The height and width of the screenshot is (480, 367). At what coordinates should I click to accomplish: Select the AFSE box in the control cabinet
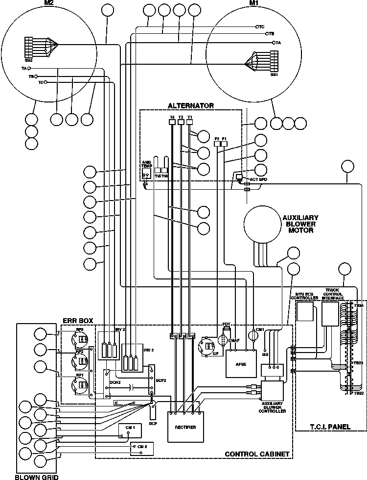pyautogui.click(x=240, y=364)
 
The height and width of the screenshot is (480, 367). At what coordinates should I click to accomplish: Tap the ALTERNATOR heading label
pyautogui.click(x=191, y=105)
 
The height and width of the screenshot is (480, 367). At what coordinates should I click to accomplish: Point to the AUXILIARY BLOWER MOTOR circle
pyautogui.click(x=267, y=224)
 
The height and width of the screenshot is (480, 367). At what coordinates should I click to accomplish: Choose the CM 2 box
pyautogui.click(x=142, y=447)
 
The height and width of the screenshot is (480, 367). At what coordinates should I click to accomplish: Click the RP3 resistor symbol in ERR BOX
pyautogui.click(x=80, y=339)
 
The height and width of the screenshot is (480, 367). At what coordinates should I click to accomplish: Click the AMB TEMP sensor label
pyautogui.click(x=147, y=164)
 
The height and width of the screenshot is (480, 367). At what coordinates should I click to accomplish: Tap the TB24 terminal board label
pyautogui.click(x=359, y=305)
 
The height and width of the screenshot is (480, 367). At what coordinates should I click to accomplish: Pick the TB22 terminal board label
pyautogui.click(x=359, y=393)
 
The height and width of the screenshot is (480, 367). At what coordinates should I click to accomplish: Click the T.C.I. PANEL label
pyautogui.click(x=331, y=427)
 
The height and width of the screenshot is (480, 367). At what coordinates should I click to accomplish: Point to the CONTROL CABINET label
pyautogui.click(x=256, y=454)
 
